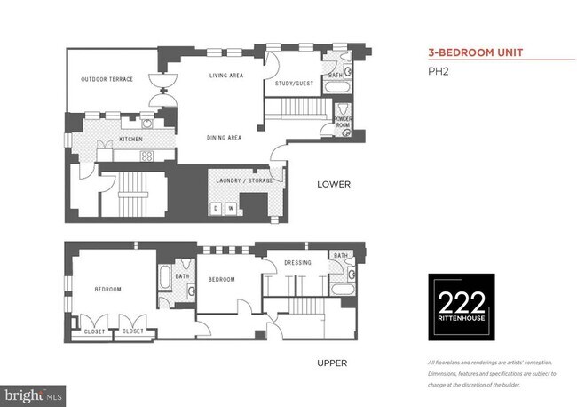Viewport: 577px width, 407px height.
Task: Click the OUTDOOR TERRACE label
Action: point(107,79)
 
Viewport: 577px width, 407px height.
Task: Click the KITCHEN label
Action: point(131,140)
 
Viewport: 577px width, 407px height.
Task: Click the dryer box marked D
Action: point(216,209)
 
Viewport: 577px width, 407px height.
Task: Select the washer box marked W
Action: point(230,209)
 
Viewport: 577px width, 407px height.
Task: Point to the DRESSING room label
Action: point(296,263)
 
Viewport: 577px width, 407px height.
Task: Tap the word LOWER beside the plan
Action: point(335,185)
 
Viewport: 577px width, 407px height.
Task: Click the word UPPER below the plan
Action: point(332,363)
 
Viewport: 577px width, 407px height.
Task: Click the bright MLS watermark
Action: point(33,391)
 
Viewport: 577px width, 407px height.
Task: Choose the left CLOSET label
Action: point(95,331)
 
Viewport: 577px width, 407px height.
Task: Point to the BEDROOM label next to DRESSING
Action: point(221,279)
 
